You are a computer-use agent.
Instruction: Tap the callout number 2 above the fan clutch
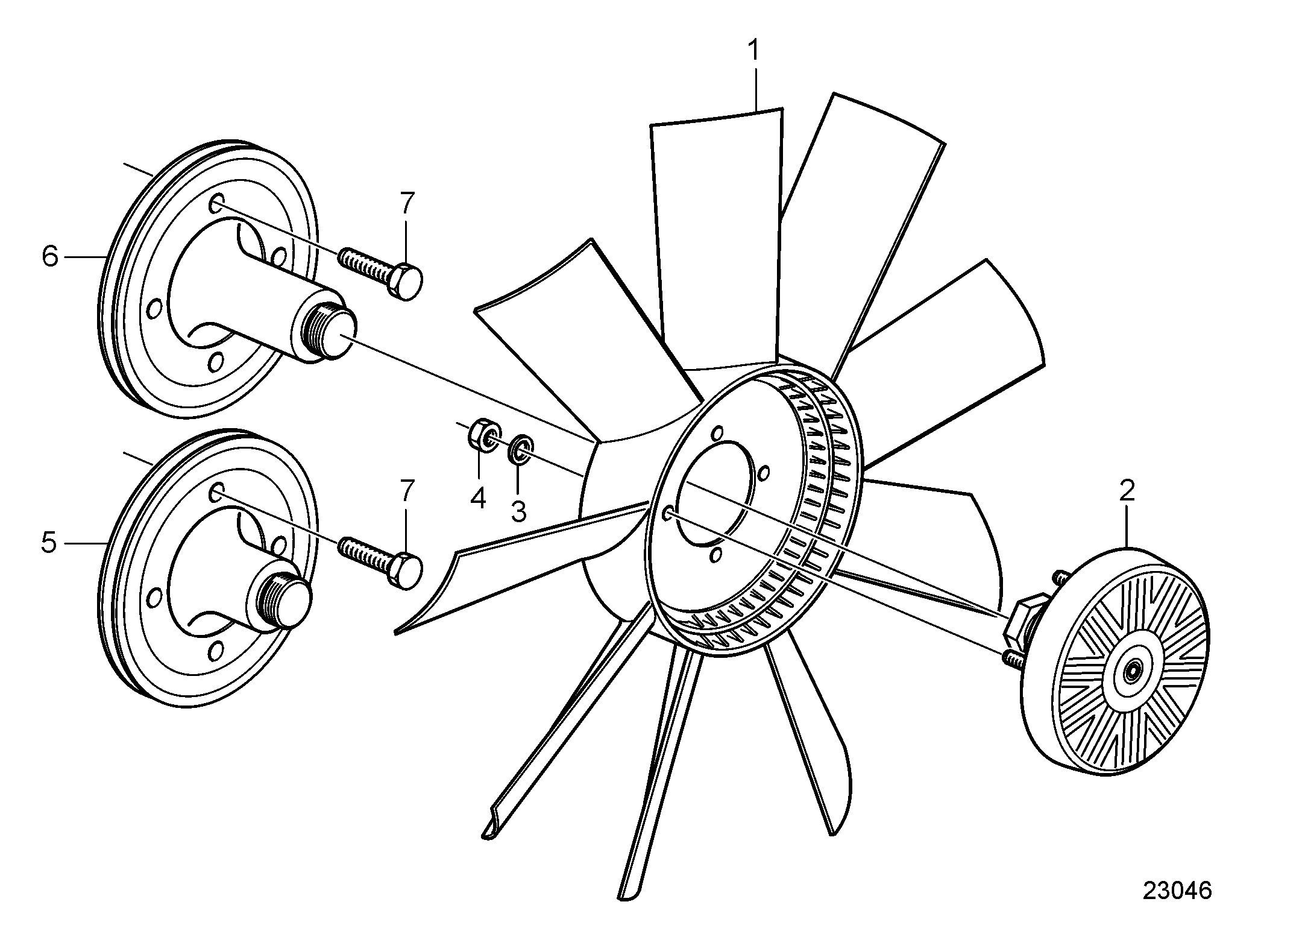pyautogui.click(x=1127, y=491)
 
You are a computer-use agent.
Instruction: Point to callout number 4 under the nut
pyautogui.click(x=478, y=498)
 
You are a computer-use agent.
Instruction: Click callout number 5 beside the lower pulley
pyautogui.click(x=49, y=543)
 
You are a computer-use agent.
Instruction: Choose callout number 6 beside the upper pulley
pyautogui.click(x=49, y=257)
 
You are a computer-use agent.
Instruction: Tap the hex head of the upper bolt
pyautogui.click(x=407, y=281)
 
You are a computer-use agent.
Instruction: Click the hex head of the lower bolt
pyautogui.click(x=407, y=570)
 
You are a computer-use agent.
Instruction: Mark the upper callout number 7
pyautogui.click(x=407, y=204)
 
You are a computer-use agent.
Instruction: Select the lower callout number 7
pyautogui.click(x=407, y=491)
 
